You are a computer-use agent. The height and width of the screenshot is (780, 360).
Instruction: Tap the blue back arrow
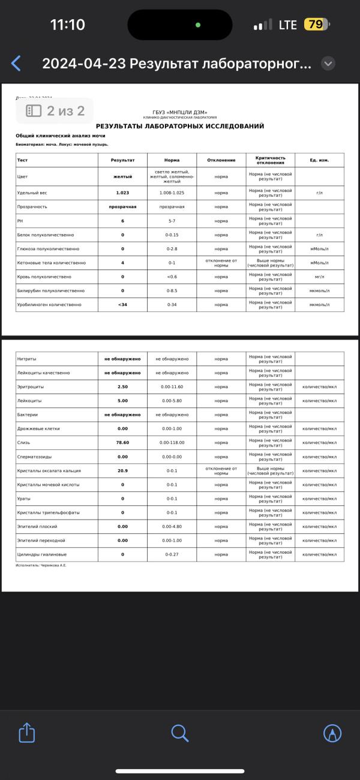coord(16,64)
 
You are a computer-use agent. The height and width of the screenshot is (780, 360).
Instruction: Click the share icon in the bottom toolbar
coord(27,733)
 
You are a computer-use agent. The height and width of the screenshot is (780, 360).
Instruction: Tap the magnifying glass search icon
coord(180,733)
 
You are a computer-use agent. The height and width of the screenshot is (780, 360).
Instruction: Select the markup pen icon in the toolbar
coord(332,733)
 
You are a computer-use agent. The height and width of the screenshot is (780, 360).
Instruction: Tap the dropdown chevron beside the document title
coord(328,64)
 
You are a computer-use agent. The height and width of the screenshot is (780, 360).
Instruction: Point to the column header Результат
coord(122,160)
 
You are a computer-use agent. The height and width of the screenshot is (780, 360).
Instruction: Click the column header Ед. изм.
coord(319,160)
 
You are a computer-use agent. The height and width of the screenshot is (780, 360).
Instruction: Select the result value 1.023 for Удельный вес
coord(122,193)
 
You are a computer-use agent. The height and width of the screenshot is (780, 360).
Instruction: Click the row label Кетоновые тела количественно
coord(52,263)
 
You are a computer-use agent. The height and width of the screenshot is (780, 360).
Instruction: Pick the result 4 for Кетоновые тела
coord(122,263)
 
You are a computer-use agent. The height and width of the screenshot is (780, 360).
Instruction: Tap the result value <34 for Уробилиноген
coord(122,305)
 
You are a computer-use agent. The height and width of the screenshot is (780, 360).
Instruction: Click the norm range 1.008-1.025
coord(172,193)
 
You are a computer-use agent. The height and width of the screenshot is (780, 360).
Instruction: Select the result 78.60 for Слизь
coord(122,443)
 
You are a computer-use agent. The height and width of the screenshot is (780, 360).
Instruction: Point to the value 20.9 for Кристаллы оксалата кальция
coord(122,471)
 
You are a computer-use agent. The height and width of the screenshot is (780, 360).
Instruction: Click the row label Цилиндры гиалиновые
coord(42,554)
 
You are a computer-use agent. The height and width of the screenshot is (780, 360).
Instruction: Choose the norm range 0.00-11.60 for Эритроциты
coord(172,387)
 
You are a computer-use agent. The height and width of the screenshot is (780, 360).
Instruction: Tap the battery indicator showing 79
coord(316,25)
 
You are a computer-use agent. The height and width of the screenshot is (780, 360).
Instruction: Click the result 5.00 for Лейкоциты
coord(122,401)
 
